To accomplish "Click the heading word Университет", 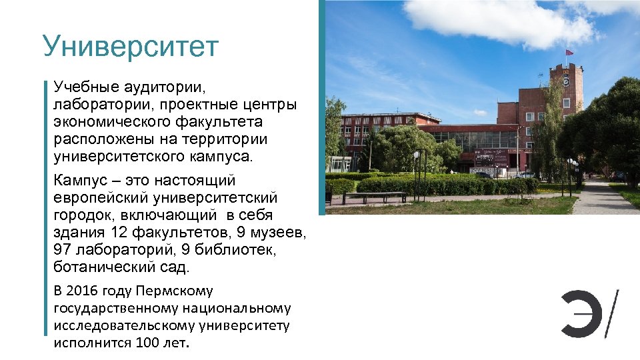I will pos(130,47).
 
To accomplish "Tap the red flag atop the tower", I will pos(569,52).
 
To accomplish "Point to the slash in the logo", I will pos(611,313).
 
